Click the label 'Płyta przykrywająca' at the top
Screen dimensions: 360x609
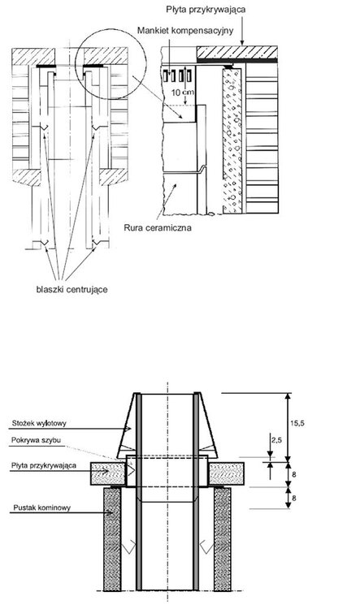point(206,9)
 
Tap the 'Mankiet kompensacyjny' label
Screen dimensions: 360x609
point(185,30)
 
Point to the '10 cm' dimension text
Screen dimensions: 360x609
point(183,93)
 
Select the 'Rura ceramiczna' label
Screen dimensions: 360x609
point(158,227)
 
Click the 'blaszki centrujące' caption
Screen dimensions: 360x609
point(72,289)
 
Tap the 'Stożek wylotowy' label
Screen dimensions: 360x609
point(39,423)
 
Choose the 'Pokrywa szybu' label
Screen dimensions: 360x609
point(36,440)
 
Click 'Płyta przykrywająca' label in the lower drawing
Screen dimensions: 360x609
point(44,465)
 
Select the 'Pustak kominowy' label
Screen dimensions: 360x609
point(42,508)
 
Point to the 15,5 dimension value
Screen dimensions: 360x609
point(297,423)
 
